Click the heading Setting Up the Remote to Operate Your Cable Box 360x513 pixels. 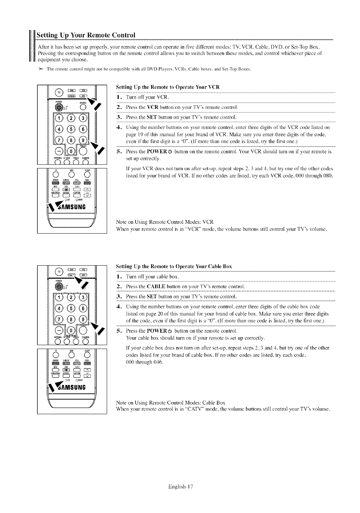point(174,266)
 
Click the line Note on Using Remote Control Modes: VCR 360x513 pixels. point(165,222)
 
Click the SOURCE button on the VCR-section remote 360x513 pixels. point(83,107)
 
